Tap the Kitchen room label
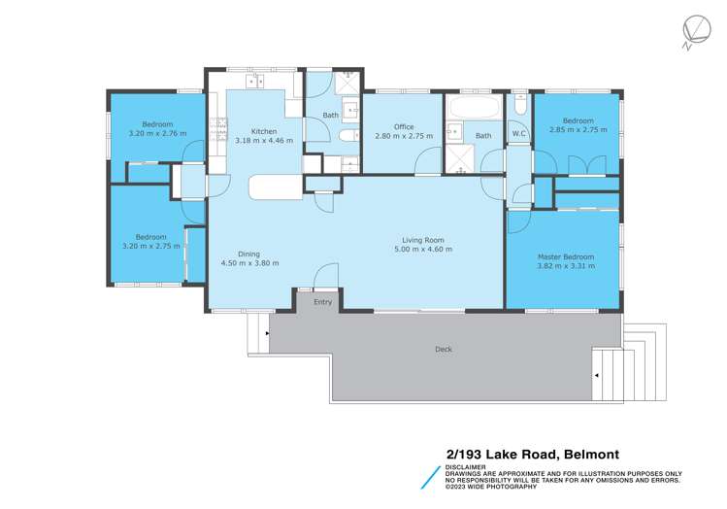coord(264,132)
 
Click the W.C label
coord(519,133)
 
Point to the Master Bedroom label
coord(566,257)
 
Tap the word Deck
coord(444,349)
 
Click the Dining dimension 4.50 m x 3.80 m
coord(249,263)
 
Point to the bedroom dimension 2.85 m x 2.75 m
coord(578,131)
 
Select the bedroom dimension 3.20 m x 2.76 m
coord(157,133)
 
